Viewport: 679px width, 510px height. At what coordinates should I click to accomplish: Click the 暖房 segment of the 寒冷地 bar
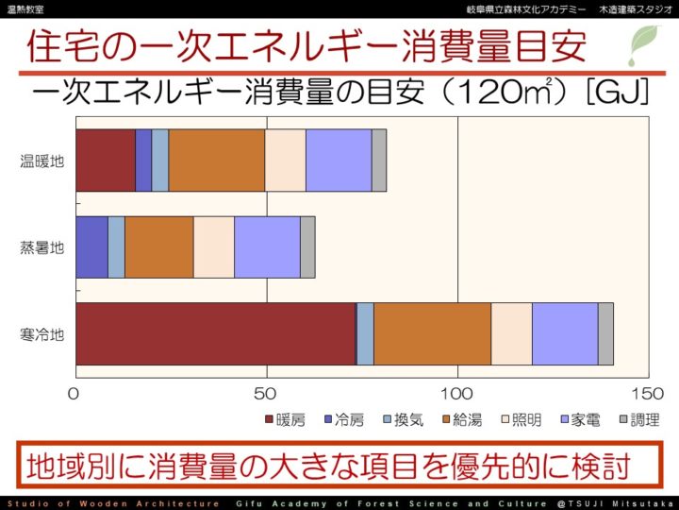click(x=215, y=334)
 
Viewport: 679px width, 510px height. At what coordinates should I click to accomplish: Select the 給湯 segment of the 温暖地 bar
click(x=216, y=161)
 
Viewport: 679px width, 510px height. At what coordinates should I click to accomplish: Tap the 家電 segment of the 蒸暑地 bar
click(x=267, y=247)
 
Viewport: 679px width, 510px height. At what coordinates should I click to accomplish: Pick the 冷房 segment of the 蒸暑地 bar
click(x=91, y=247)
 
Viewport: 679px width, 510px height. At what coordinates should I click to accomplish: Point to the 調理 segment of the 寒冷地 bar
click(x=605, y=334)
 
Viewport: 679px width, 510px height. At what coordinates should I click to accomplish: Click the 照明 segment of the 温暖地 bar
click(x=285, y=161)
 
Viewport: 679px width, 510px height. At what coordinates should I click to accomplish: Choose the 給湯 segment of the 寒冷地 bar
click(x=432, y=334)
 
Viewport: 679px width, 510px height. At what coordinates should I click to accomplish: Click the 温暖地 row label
click(x=42, y=161)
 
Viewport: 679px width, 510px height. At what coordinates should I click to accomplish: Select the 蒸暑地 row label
click(x=42, y=248)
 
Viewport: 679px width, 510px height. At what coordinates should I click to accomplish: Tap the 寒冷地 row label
click(x=42, y=334)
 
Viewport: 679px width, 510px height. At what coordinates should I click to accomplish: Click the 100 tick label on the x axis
click(x=457, y=393)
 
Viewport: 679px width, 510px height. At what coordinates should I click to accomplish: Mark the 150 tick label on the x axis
click(x=647, y=393)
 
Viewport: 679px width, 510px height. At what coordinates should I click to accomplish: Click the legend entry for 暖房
click(x=285, y=420)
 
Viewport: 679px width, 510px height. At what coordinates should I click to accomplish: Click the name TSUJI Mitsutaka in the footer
click(x=627, y=503)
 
